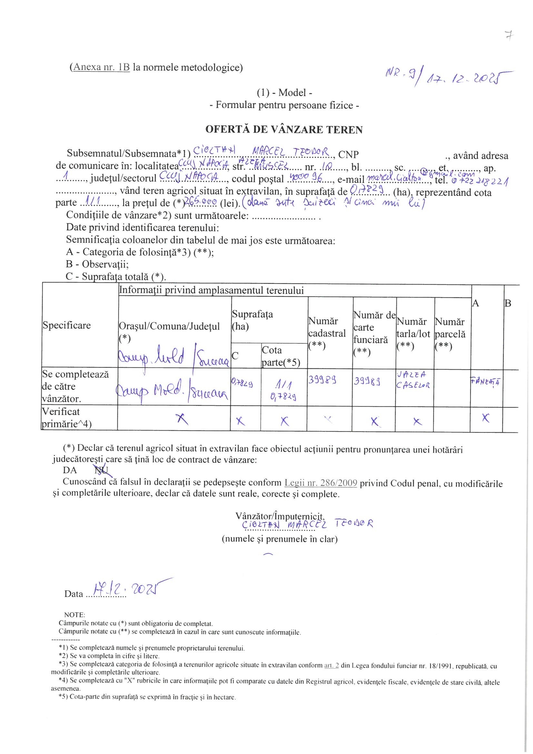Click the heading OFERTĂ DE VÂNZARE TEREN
tap(284, 129)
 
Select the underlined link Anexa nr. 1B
tap(102, 67)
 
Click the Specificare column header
tap(67, 325)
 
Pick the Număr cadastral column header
tap(327, 333)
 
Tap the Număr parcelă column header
tap(450, 334)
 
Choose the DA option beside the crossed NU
tap(70, 470)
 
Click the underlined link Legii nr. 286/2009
tap(321, 483)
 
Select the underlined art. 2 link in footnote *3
tap(331, 675)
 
